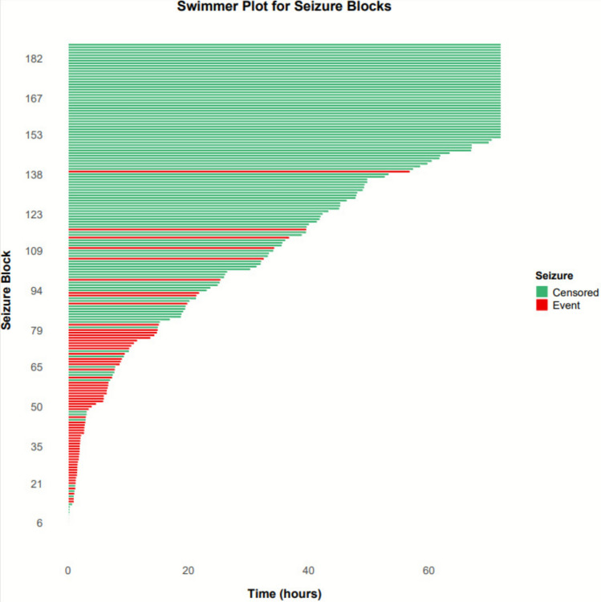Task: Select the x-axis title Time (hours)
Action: click(x=284, y=593)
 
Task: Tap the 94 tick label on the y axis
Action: click(x=36, y=291)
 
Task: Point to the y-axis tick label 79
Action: click(x=36, y=330)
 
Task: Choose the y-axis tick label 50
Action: click(x=36, y=406)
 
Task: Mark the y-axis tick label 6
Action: click(x=39, y=523)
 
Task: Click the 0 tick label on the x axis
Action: click(x=68, y=570)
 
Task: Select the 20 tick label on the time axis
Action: click(x=188, y=570)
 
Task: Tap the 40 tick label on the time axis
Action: click(x=308, y=570)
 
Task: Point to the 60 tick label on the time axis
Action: click(x=428, y=570)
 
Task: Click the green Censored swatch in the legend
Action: click(x=542, y=292)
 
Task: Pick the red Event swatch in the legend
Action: click(x=542, y=305)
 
